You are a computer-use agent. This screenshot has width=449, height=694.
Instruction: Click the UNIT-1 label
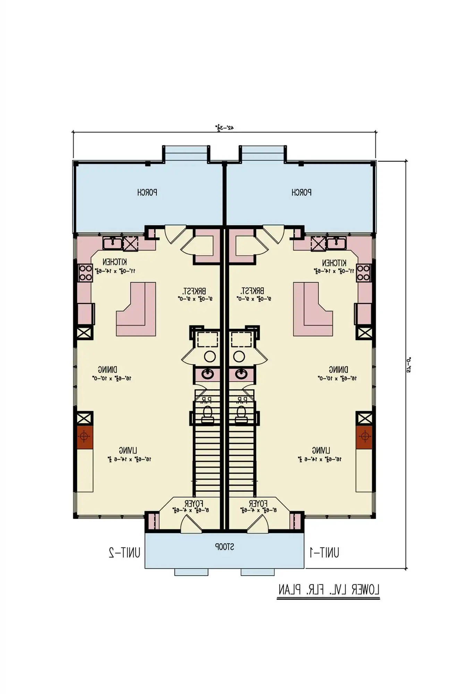[x=324, y=552]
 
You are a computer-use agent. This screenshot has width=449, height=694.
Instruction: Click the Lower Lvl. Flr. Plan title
[x=328, y=590]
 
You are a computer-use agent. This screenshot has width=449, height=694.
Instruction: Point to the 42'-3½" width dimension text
[x=225, y=127]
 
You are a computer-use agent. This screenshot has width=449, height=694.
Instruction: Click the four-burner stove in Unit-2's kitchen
[x=85, y=273]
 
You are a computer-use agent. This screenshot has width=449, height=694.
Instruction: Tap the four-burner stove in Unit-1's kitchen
[x=363, y=273]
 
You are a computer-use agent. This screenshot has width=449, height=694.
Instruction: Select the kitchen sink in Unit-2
[x=112, y=243]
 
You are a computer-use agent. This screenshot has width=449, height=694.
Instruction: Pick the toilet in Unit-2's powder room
[x=207, y=414]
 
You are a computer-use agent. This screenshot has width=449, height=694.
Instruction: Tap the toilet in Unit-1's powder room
[x=240, y=414]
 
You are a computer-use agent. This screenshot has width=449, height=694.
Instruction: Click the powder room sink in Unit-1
[x=241, y=374]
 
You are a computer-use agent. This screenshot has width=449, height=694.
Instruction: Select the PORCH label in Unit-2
[x=147, y=192]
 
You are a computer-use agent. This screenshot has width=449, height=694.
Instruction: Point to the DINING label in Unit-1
[x=338, y=370]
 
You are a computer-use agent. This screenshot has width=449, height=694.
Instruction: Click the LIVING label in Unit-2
[x=128, y=450]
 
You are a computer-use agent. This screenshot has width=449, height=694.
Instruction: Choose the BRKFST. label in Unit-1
[x=253, y=290]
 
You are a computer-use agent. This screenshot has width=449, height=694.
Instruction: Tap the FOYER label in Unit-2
[x=194, y=503]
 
